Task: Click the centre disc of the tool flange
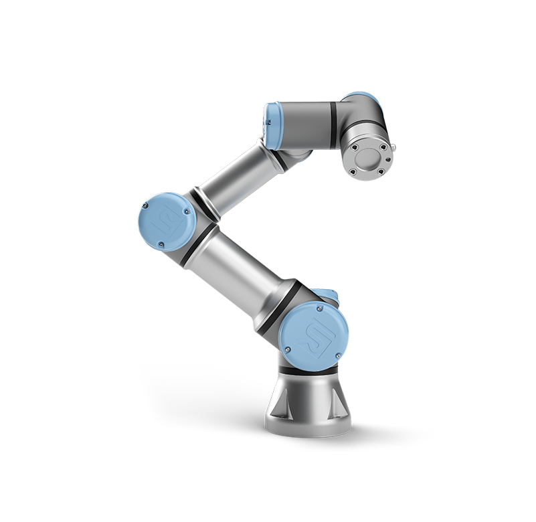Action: [368, 159]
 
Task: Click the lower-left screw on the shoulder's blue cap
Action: [288, 348]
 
